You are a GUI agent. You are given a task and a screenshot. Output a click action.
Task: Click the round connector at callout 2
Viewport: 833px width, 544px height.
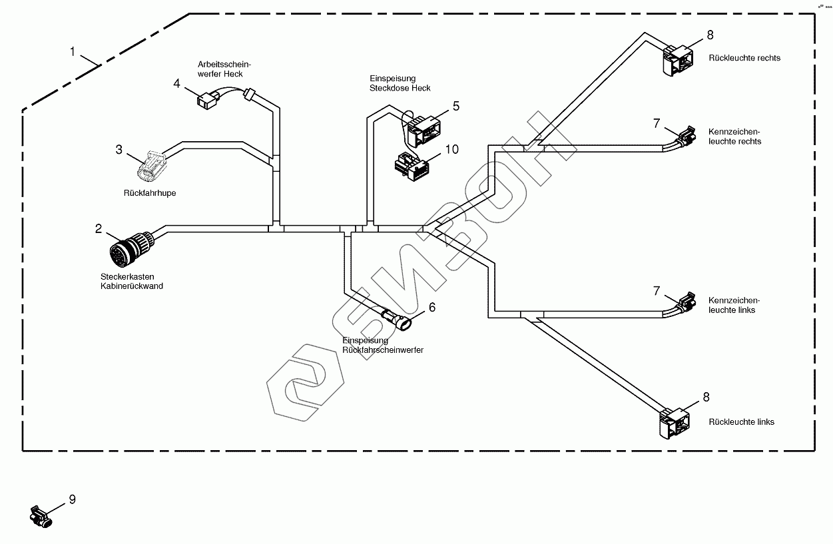127,250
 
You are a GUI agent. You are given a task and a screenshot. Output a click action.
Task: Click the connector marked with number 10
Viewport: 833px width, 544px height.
413,168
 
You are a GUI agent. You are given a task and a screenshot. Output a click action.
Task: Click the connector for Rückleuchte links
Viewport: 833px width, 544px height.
675,421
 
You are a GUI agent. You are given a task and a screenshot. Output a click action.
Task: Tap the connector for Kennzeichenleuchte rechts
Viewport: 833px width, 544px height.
686,136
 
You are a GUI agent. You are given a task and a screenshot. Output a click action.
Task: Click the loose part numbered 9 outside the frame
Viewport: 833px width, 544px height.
41,517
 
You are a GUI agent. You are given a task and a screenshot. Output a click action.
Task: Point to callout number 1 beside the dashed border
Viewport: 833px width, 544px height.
75,51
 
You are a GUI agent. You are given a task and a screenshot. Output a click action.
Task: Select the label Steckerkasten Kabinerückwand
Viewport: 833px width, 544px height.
127,281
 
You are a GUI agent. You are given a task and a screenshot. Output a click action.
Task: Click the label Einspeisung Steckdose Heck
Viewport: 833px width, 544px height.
400,83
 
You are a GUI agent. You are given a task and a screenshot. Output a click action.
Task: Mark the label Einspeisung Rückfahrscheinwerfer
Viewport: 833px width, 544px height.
382,345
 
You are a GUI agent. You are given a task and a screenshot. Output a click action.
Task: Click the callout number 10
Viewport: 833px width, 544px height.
451,149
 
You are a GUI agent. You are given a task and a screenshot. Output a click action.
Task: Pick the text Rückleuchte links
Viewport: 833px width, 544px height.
741,421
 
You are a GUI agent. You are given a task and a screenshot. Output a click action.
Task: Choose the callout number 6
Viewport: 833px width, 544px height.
431,307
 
